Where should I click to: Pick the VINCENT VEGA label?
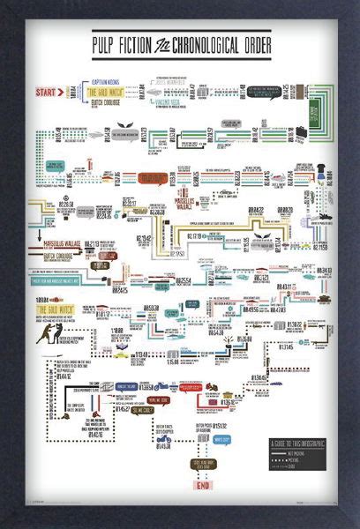(169, 101)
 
